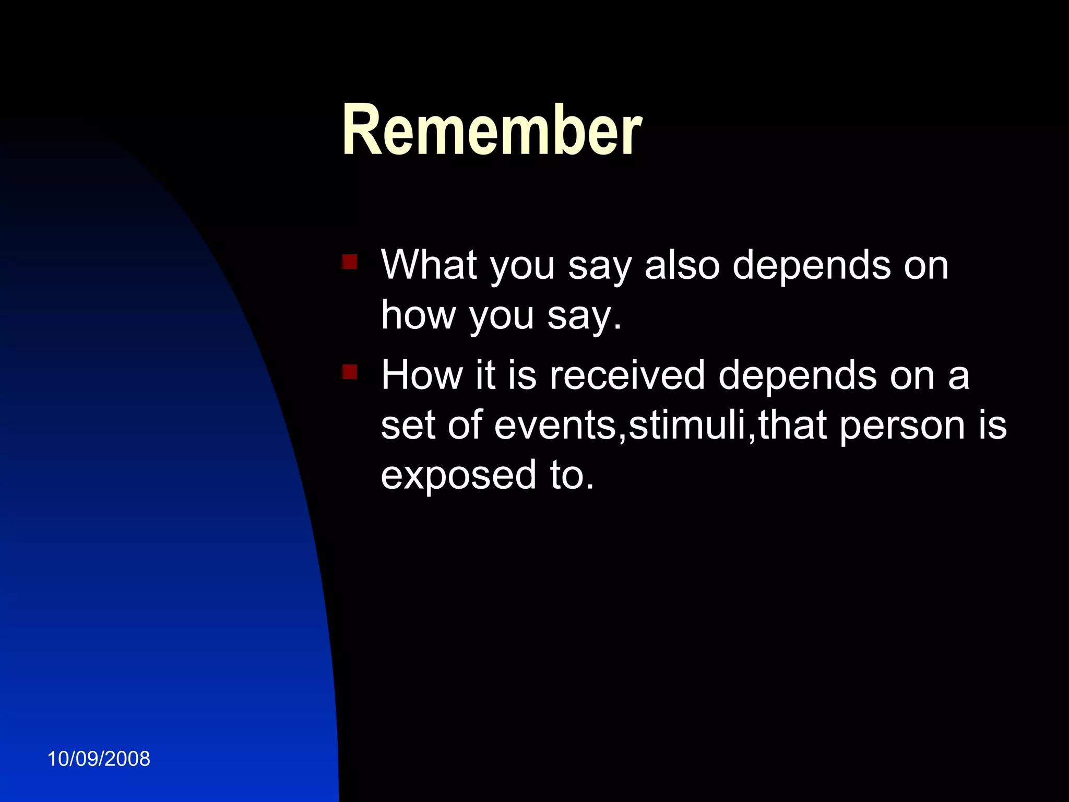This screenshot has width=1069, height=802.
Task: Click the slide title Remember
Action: click(x=492, y=131)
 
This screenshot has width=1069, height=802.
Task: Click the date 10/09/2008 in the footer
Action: click(x=99, y=759)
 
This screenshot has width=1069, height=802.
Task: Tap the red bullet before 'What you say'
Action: click(x=349, y=262)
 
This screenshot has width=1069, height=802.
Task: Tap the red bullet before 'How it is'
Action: click(x=349, y=372)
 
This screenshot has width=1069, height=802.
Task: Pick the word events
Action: click(x=555, y=425)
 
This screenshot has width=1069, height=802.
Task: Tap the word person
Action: click(x=902, y=425)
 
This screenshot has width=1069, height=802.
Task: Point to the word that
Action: click(x=792, y=425)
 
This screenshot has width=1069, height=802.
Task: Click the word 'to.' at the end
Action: click(x=572, y=475)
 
